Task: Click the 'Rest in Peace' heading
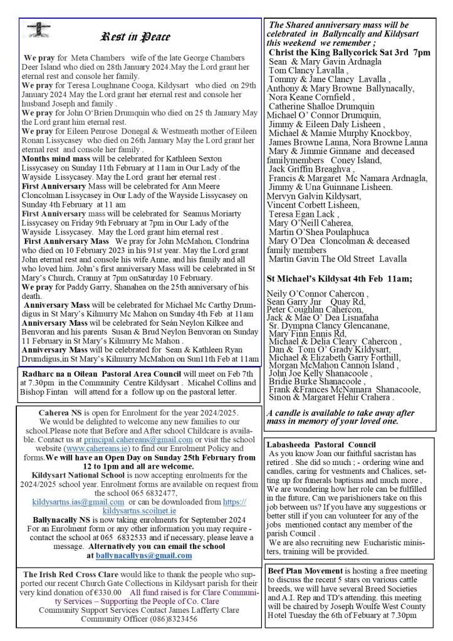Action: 135,36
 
